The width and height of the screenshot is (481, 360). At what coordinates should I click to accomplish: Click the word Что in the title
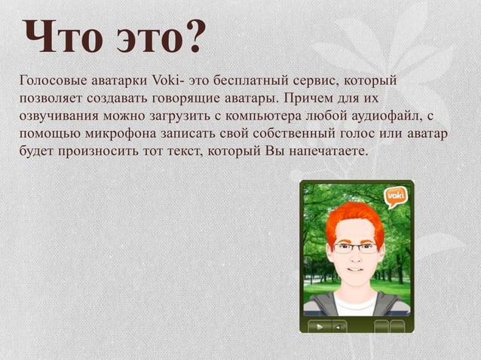[61, 37]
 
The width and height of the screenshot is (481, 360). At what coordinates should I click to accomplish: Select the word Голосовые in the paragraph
[52, 81]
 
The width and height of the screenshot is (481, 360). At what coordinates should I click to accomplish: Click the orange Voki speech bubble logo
[395, 197]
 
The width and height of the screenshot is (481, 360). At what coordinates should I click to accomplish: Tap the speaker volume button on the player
[339, 326]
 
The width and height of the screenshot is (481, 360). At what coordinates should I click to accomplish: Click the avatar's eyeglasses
[354, 247]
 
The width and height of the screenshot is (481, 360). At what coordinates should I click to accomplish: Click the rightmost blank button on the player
[397, 326]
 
